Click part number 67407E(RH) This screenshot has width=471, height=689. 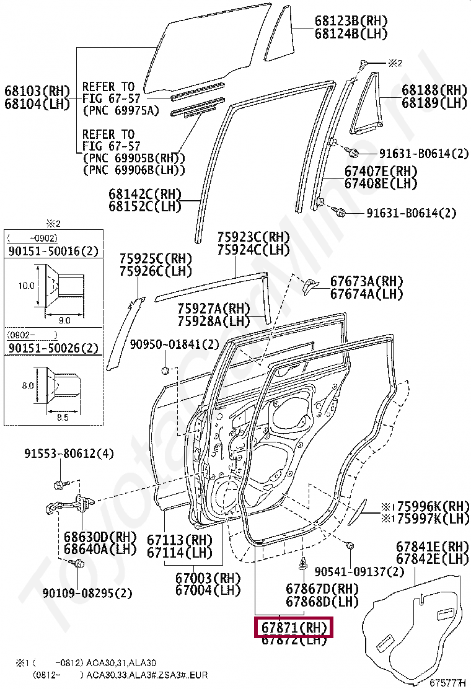(x=381, y=171)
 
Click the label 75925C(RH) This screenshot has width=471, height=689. (x=156, y=258)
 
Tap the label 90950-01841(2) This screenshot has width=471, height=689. (x=175, y=344)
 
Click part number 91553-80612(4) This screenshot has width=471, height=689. (x=69, y=454)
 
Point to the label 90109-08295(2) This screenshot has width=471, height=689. (x=87, y=593)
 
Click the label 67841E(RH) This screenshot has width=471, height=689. (x=432, y=546)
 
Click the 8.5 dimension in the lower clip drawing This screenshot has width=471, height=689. (x=62, y=418)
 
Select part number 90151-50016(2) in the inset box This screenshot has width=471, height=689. (x=53, y=250)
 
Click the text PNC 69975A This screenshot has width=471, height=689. (x=121, y=112)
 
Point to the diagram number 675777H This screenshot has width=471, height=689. (x=447, y=683)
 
